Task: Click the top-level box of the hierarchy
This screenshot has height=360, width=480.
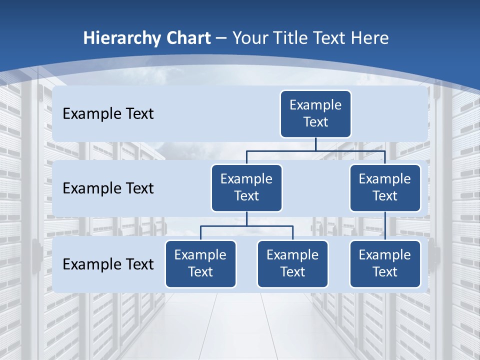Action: click(315, 114)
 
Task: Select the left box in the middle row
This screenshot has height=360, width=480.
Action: click(246, 187)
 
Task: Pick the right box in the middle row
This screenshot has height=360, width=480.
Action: click(385, 187)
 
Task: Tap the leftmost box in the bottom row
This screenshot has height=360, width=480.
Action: click(200, 263)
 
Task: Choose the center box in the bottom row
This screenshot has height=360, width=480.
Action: click(292, 263)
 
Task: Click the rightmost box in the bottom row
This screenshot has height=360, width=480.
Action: click(385, 263)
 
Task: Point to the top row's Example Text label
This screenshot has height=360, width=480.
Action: click(108, 114)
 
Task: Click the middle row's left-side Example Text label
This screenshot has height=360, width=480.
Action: click(108, 188)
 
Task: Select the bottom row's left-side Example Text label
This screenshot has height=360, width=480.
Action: click(108, 264)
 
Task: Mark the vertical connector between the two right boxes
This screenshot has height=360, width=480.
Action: click(385, 226)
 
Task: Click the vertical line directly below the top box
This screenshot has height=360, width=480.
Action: click(315, 144)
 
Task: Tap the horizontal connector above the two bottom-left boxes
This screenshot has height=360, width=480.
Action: click(246, 226)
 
